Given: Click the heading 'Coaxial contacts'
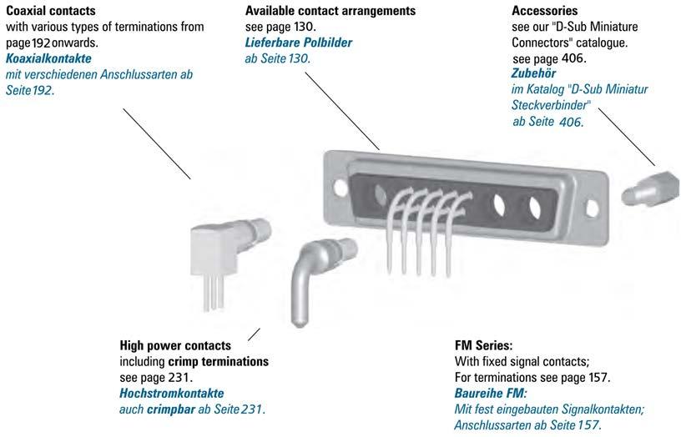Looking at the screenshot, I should click(x=49, y=11).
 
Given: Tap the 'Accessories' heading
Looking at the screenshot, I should click(x=544, y=11).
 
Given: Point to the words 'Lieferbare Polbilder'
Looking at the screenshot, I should click(x=299, y=43).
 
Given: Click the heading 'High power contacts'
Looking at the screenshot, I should click(x=175, y=345).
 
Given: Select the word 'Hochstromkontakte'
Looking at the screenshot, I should click(x=172, y=393).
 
